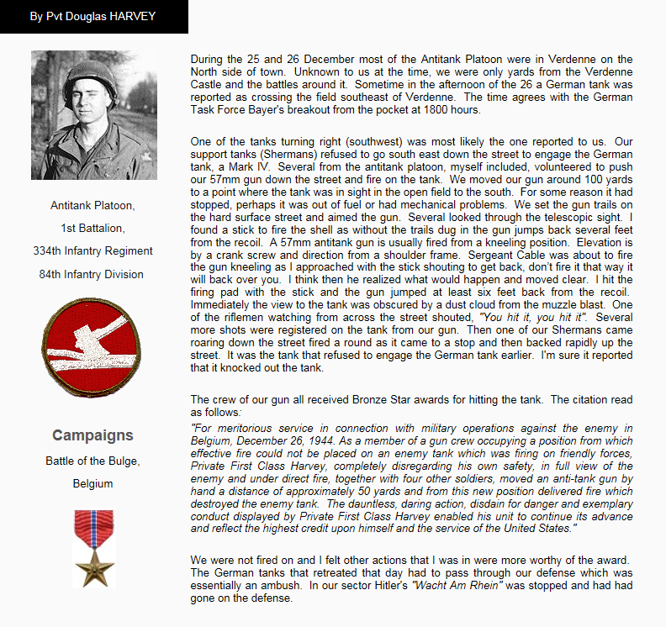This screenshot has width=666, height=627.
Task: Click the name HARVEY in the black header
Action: (x=131, y=17)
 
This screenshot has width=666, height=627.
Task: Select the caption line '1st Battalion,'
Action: (x=92, y=228)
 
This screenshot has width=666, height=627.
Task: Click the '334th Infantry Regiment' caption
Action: (x=92, y=250)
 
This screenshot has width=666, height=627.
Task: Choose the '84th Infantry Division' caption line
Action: (x=92, y=274)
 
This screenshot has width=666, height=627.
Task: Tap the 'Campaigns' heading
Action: (x=92, y=435)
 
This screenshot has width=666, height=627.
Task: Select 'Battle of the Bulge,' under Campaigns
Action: (x=92, y=461)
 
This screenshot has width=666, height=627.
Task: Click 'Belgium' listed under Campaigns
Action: (x=92, y=484)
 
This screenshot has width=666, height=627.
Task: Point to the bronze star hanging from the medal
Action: (x=93, y=566)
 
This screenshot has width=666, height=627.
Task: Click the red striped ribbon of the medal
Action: (x=93, y=528)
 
